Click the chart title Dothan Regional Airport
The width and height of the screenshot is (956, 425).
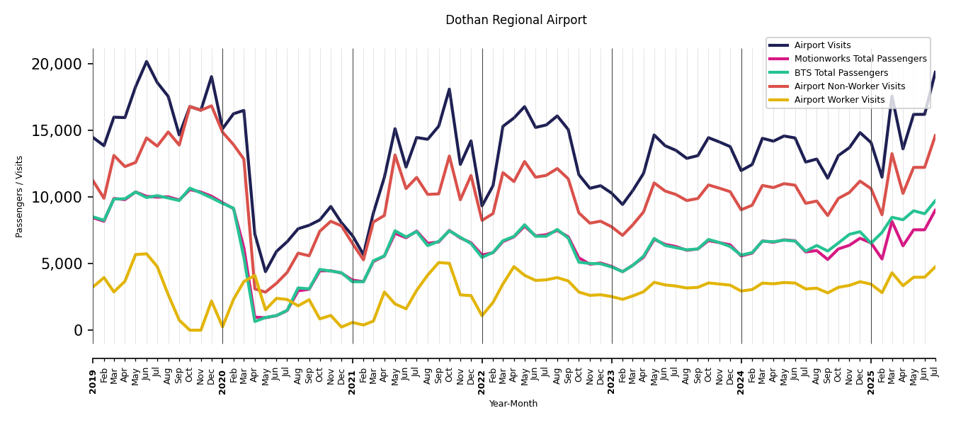click(516, 21)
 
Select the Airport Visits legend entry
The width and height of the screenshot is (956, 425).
click(822, 45)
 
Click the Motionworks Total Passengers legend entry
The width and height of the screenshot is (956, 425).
click(860, 59)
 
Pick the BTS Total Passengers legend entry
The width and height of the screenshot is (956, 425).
click(841, 73)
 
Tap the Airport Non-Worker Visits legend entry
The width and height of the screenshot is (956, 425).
click(849, 86)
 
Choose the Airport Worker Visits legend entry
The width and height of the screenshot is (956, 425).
click(839, 100)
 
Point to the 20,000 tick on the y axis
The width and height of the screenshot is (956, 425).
click(57, 64)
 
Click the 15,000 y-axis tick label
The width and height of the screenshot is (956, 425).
click(57, 131)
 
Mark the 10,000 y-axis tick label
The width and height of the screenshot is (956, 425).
click(57, 198)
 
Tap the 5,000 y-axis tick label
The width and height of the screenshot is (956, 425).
click(61, 264)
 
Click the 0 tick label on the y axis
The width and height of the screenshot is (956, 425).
click(78, 331)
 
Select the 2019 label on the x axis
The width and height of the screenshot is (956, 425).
click(93, 371)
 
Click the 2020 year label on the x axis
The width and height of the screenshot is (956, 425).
click(222, 371)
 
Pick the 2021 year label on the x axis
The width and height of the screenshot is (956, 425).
click(353, 371)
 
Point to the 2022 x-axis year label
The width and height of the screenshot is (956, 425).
click(482, 371)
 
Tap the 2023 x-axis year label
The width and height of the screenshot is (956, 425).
click(612, 371)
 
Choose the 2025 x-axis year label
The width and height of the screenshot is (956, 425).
click(871, 371)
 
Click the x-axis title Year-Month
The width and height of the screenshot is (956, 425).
click(513, 404)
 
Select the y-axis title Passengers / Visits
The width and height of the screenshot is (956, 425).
click(20, 196)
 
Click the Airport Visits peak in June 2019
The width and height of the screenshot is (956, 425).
click(147, 62)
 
